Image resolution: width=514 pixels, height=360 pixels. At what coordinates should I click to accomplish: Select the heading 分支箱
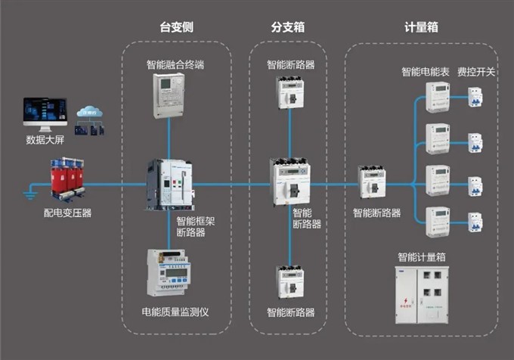(287, 27)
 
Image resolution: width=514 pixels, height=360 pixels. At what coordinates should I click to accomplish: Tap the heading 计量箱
(421, 27)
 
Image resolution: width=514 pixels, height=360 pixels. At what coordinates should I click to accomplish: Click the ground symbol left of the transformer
(30, 194)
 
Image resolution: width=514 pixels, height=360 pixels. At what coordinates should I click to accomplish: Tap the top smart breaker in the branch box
(291, 94)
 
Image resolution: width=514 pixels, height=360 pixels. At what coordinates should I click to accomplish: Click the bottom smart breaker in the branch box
(291, 282)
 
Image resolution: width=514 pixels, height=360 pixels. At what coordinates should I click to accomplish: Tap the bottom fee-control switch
(475, 222)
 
